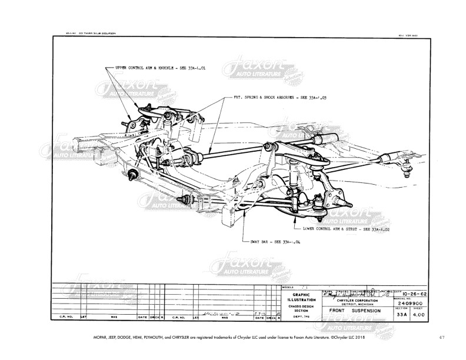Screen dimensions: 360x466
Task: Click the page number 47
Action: coord(442,337)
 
